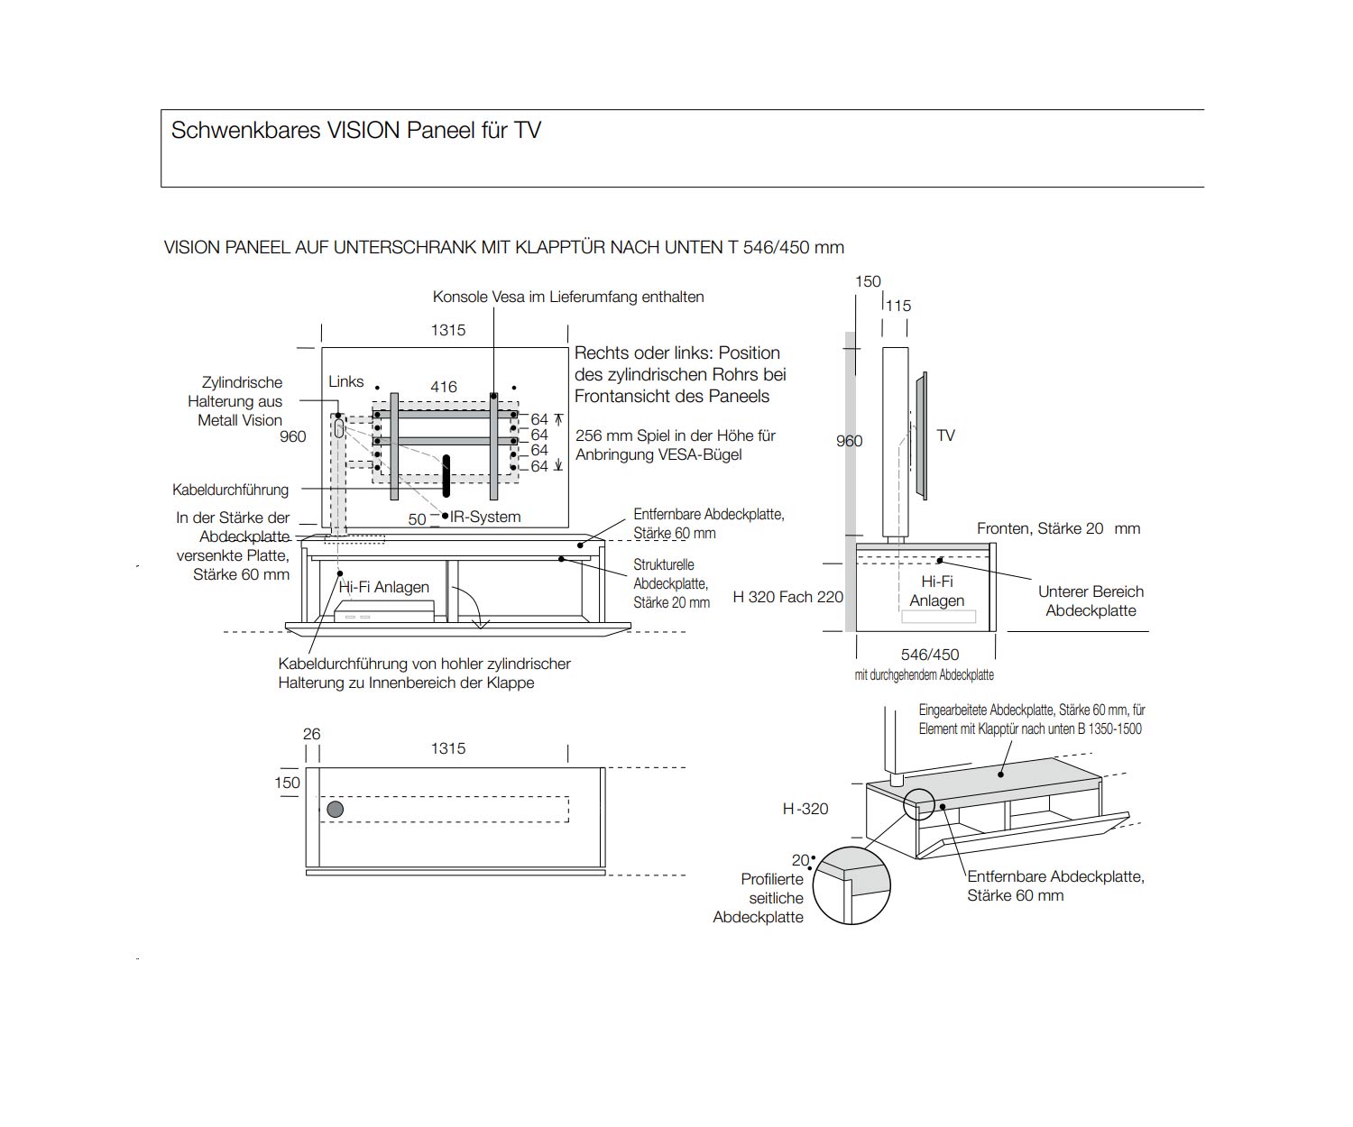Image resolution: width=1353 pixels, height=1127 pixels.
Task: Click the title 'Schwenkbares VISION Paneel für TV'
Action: point(355,131)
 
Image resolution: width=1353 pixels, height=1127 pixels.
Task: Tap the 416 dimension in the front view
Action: point(443,387)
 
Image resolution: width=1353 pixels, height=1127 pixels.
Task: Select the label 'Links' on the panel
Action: point(346,381)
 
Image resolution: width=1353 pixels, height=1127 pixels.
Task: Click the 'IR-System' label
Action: point(485,517)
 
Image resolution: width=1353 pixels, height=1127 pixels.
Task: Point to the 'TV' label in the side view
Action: point(945,435)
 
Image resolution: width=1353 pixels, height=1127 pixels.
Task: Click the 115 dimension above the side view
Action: point(897,306)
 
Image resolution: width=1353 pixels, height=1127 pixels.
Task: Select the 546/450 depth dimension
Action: point(929,655)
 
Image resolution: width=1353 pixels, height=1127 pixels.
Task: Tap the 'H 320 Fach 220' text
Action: point(787,596)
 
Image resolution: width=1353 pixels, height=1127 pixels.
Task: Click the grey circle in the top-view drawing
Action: point(335,809)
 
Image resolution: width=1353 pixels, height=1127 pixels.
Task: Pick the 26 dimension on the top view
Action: point(311,734)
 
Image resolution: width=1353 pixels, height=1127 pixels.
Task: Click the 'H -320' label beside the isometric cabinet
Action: point(805,809)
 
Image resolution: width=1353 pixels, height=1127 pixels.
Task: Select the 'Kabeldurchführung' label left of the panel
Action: point(230,490)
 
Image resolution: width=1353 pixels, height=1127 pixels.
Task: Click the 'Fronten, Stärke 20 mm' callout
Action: point(1058,528)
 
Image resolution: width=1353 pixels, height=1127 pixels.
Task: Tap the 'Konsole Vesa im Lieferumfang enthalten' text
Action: point(568,297)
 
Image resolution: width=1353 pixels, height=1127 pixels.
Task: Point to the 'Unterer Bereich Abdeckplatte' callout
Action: point(1091,600)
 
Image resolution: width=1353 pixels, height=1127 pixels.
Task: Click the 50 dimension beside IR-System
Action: point(417,519)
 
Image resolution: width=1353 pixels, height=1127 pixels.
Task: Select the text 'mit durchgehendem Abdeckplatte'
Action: point(924,674)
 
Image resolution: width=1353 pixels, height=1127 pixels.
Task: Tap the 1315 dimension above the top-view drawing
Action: point(447,748)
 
